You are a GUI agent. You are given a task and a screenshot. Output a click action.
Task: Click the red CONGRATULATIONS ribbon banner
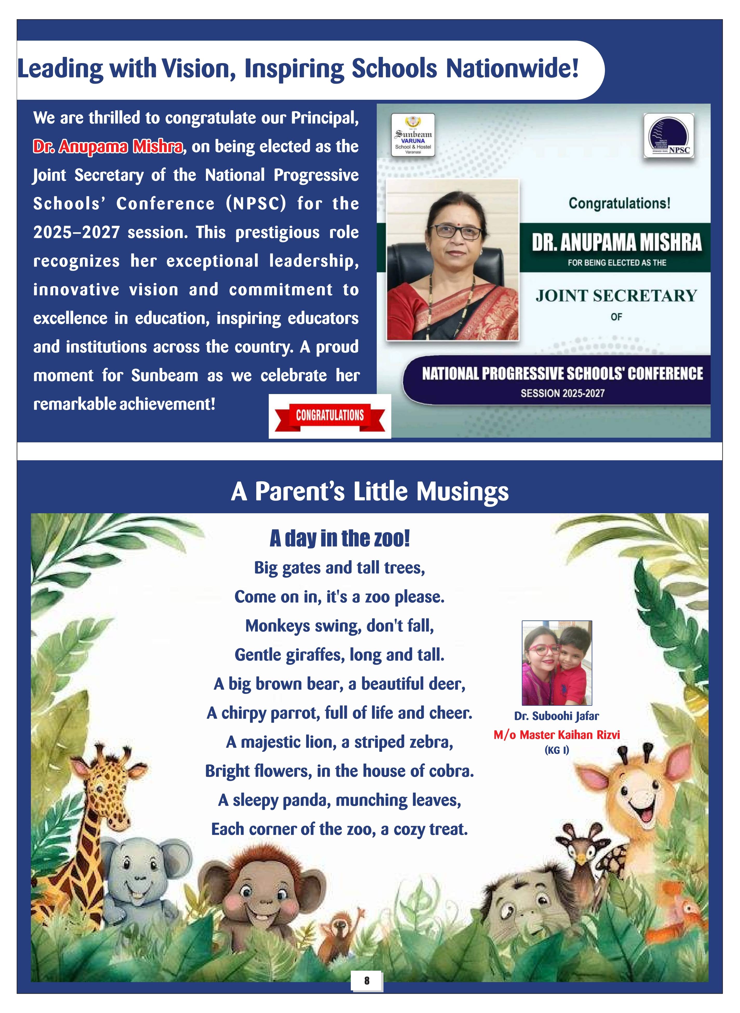pos(330,416)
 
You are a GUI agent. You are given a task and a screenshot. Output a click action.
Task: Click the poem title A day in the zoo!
pos(340,538)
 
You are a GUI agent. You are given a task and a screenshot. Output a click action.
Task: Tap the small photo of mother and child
pos(557,663)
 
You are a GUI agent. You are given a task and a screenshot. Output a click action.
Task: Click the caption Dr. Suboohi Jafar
pos(556,716)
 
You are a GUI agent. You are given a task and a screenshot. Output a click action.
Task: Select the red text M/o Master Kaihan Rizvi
pos(556,735)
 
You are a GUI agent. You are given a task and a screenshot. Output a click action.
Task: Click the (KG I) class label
pos(556,750)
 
